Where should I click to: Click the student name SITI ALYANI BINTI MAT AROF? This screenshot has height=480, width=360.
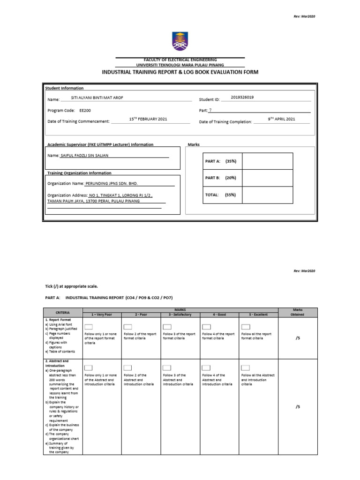click(x=97, y=98)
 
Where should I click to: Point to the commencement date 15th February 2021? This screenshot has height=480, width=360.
click(x=148, y=120)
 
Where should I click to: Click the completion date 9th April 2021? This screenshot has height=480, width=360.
click(x=281, y=120)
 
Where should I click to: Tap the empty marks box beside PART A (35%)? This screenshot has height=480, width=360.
click(x=268, y=161)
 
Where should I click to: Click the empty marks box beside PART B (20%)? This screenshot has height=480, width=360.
click(x=268, y=178)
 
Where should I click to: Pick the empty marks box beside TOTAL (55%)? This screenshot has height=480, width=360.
click(x=268, y=195)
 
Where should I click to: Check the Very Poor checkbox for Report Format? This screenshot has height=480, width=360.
click(x=89, y=327)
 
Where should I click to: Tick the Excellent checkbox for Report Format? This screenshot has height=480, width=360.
click(x=245, y=327)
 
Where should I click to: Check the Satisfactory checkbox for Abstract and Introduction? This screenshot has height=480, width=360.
click(x=167, y=368)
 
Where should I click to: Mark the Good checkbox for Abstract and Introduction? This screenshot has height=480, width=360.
click(x=206, y=368)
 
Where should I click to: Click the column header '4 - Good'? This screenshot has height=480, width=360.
click(x=219, y=315)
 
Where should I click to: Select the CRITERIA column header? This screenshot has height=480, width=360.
click(x=63, y=312)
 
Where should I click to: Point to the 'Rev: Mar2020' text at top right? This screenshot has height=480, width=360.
click(x=304, y=16)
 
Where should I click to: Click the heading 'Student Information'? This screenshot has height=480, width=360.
click(x=64, y=88)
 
